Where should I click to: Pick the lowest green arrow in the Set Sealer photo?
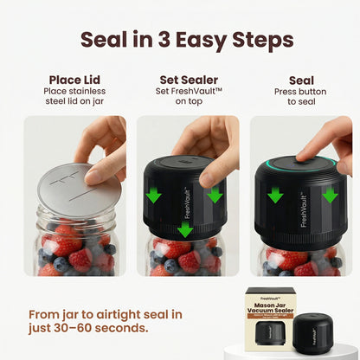click(184, 229)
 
